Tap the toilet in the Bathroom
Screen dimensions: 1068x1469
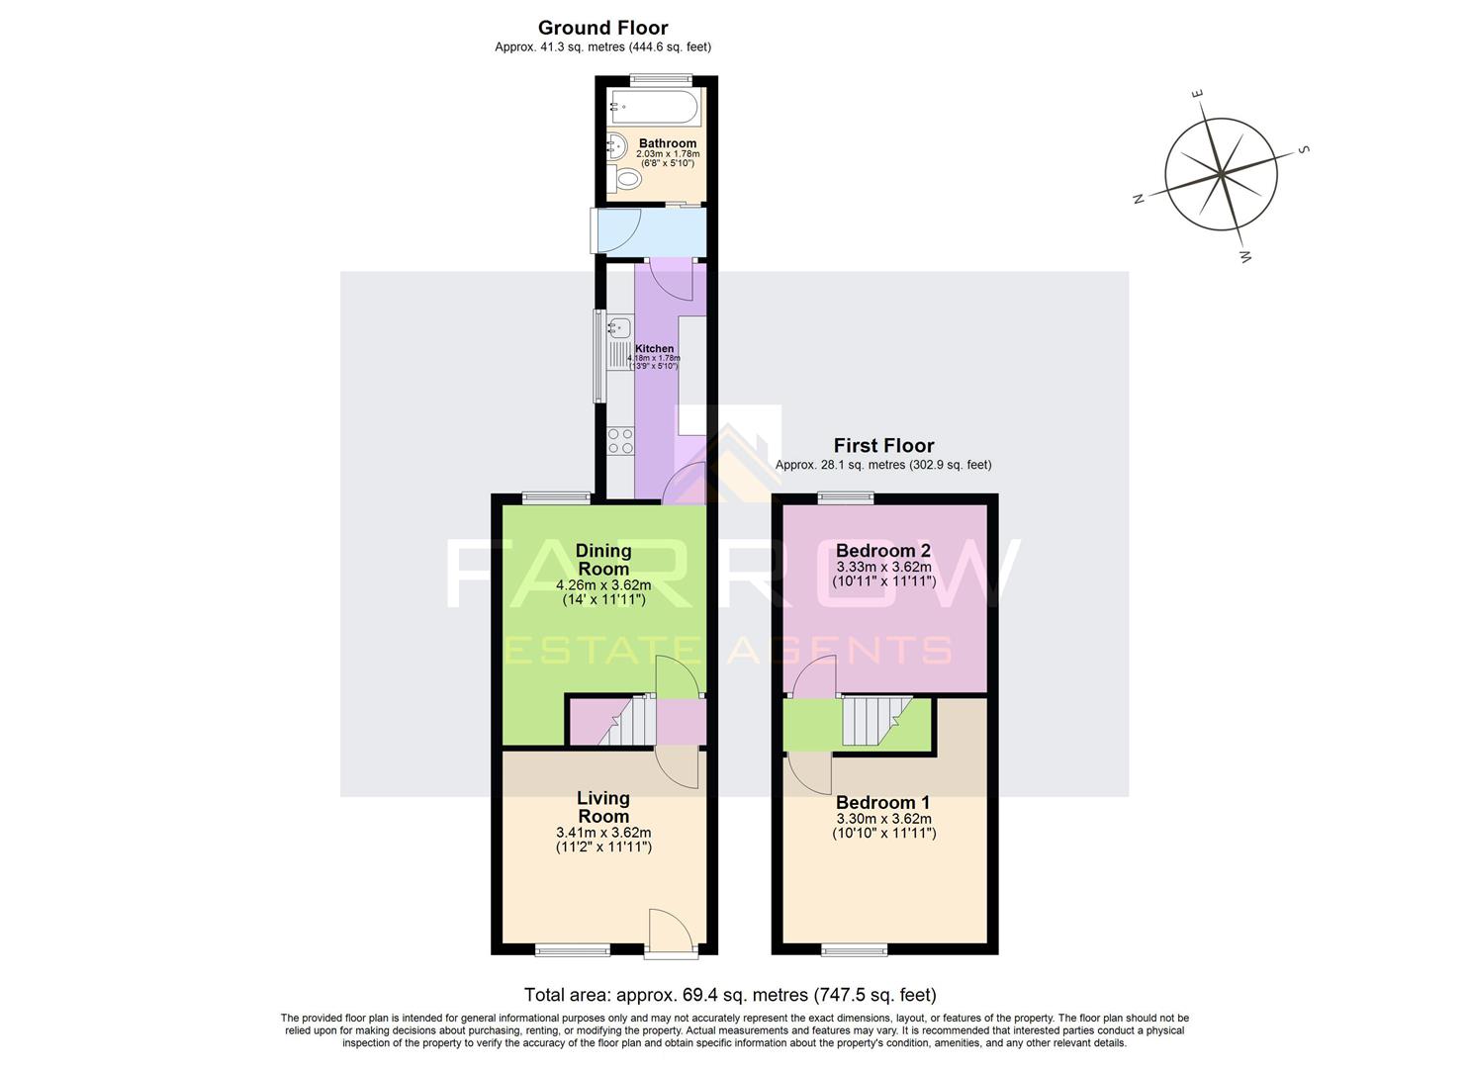tap(624, 179)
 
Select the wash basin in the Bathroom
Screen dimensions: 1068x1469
tap(614, 146)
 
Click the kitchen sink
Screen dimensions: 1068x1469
tap(619, 328)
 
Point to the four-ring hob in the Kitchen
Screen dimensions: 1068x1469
tap(620, 441)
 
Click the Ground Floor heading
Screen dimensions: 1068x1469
tap(602, 28)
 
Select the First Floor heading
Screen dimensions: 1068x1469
tap(883, 446)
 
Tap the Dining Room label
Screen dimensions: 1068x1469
tap(603, 560)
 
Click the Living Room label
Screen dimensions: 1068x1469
tap(603, 807)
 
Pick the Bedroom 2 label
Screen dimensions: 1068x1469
tap(883, 551)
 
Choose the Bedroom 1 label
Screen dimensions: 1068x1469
tap(883, 802)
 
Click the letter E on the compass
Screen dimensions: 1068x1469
tap(1197, 95)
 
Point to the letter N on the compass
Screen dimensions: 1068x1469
tap(1139, 199)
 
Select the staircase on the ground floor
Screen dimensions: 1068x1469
tap(628, 722)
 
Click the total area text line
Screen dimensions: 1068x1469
tap(730, 995)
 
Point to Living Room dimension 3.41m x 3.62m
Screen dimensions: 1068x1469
tap(603, 833)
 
